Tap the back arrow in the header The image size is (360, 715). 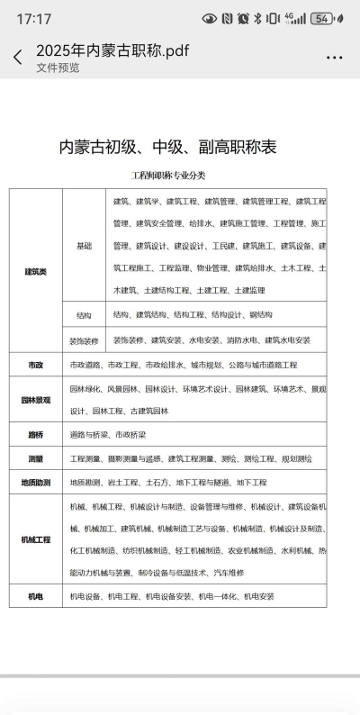tap(17, 58)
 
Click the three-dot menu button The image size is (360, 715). tap(334, 57)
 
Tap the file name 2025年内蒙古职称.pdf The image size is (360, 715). tap(112, 50)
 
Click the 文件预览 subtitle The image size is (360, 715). tap(58, 68)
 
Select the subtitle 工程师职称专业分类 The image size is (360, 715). tap(169, 175)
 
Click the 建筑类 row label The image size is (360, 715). tap(35, 270)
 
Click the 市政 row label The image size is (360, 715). tap(35, 365)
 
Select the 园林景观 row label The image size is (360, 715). tap(35, 400)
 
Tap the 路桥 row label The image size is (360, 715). tap(35, 434)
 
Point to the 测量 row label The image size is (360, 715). tap(35, 458)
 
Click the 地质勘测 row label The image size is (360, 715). tap(35, 483)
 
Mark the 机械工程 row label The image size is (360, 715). tap(35, 539)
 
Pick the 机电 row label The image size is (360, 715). tap(35, 596)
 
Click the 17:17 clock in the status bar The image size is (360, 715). tap(33, 19)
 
